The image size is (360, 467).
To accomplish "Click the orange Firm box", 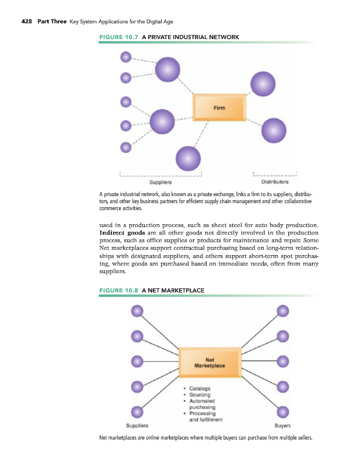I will [x=219, y=107].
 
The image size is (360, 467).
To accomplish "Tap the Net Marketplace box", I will [x=210, y=363].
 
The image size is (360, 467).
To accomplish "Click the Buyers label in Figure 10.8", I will [x=283, y=425].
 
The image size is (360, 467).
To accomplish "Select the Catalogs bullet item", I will [x=200, y=388].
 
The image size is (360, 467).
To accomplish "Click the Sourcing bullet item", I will [x=200, y=395].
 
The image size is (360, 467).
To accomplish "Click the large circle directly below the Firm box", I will [x=188, y=158].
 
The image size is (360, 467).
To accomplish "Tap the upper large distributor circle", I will [x=263, y=82].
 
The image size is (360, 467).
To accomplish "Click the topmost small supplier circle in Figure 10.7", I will [x=125, y=57].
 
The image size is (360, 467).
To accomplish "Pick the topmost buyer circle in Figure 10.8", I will [x=283, y=311].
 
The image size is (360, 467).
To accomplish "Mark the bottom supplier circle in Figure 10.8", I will [x=137, y=411].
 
